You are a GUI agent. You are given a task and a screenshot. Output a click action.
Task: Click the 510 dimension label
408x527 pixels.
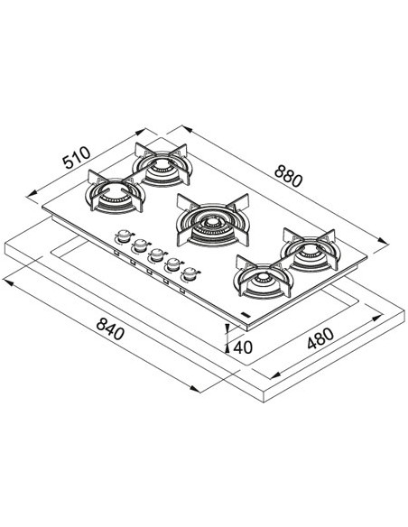point(77,157)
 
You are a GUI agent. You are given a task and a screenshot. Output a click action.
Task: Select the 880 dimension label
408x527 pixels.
point(288,177)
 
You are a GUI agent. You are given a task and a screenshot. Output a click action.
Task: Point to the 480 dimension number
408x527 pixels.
point(320,338)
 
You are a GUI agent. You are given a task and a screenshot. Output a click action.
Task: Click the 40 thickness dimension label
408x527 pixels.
point(243,347)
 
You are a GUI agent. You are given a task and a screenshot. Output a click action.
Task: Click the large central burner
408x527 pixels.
point(213,220)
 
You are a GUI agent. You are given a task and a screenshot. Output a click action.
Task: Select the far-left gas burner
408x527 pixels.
point(115,195)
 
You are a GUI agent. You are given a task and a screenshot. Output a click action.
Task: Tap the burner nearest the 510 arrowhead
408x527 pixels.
point(162,164)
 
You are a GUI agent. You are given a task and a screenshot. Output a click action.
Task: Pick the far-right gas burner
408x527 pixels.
point(309,250)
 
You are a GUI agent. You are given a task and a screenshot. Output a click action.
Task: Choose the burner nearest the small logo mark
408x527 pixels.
point(263,277)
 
